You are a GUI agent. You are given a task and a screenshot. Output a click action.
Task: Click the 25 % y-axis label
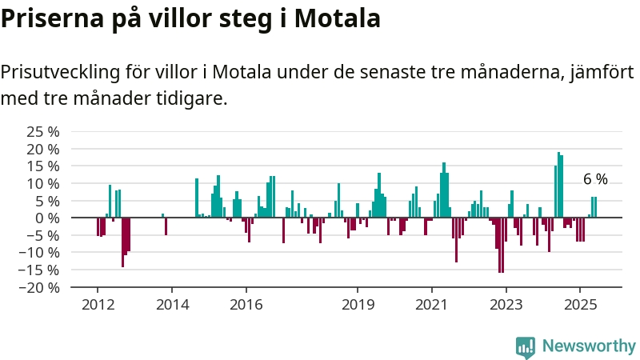click(43, 132)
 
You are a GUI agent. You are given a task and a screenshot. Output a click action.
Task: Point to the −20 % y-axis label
click(38, 287)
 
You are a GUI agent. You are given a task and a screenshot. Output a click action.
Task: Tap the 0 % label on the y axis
click(47, 218)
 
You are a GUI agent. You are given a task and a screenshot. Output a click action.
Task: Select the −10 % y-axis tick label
click(38, 253)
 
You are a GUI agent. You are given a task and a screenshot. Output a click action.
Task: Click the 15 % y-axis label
click(43, 166)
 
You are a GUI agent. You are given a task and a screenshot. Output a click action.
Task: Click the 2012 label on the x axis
click(98, 305)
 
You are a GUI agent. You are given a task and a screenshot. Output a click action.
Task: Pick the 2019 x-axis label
click(358, 305)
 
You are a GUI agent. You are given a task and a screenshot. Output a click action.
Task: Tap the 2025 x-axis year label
click(580, 305)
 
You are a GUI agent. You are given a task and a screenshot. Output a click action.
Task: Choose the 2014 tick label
click(172, 305)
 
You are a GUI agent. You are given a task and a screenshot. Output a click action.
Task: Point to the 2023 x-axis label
click(506, 305)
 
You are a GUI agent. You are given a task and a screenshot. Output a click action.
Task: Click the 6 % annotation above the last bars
click(595, 178)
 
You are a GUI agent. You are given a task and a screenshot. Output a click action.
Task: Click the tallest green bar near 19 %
click(558, 185)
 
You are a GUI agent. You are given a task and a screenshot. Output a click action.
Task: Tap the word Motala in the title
click(338, 18)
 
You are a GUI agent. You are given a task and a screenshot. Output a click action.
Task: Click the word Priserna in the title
click(52, 18)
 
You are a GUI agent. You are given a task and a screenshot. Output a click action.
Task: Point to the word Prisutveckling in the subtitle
click(61, 73)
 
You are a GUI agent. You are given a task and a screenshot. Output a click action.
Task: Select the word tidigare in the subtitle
click(192, 98)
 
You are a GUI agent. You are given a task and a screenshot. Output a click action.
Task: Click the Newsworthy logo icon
click(526, 347)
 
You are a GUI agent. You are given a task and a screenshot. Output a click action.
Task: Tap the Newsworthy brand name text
click(589, 346)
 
